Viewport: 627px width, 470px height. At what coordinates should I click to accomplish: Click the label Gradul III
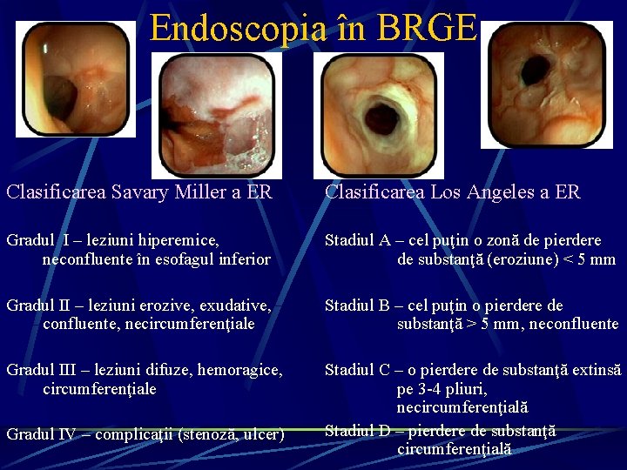(41, 371)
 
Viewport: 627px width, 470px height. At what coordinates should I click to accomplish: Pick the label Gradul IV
(41, 434)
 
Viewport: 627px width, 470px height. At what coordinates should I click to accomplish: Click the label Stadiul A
(359, 239)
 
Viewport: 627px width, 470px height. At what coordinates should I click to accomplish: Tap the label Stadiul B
(359, 305)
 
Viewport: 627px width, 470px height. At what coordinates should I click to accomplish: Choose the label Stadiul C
(359, 371)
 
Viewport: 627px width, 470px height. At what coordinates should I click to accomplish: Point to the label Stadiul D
(359, 430)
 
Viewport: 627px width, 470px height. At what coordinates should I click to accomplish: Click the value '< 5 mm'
(584, 259)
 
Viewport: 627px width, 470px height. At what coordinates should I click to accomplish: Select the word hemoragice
(240, 371)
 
